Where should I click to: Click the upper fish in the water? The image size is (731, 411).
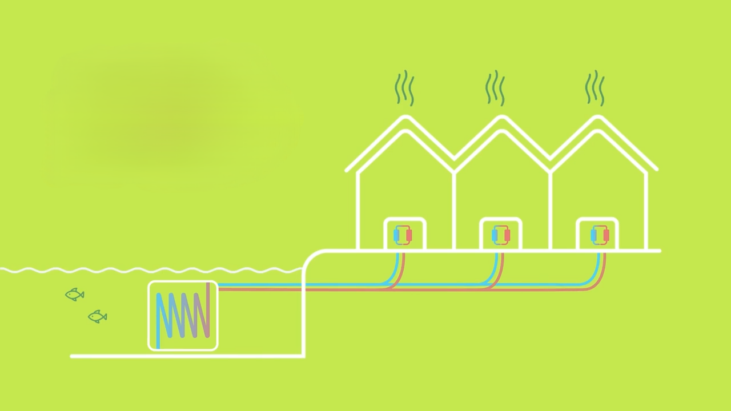click(x=75, y=295)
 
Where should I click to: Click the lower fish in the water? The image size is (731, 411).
click(x=98, y=316)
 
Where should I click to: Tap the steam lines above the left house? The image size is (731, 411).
click(x=404, y=88)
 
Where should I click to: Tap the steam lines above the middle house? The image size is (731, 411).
click(x=495, y=88)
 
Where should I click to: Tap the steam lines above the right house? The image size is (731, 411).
click(x=595, y=88)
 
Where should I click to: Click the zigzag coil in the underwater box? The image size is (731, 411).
click(x=183, y=315)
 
